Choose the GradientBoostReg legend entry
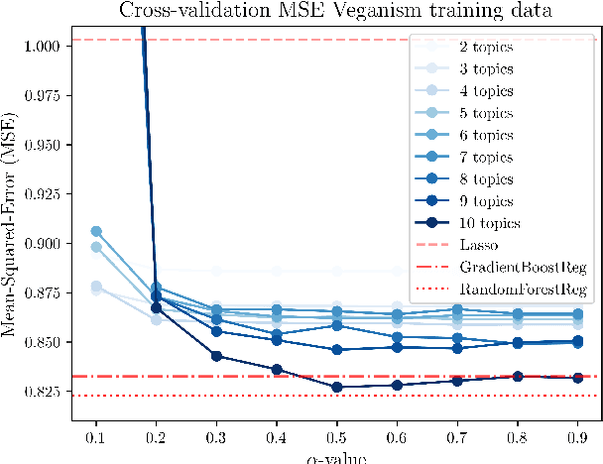click(523, 267)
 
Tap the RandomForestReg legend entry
click(522, 289)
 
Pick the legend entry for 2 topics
click(486, 48)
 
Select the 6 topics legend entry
click(486, 136)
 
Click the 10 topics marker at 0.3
click(217, 356)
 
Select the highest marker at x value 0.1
click(96, 231)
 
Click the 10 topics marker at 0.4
click(278, 370)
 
